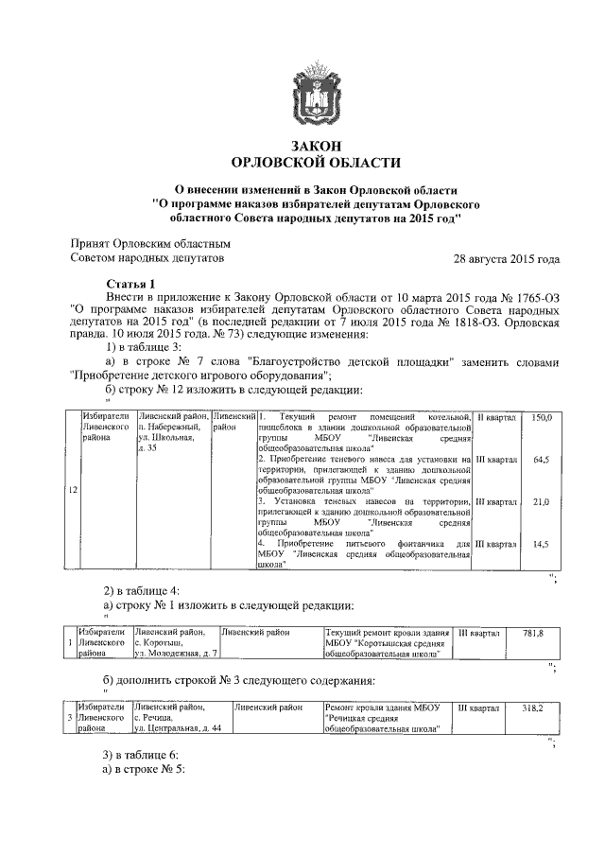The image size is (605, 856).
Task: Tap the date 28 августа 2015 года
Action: point(507,258)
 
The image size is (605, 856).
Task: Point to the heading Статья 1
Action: point(129,284)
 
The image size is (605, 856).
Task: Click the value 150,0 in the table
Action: point(542,417)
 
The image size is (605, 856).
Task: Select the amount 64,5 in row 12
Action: point(542,460)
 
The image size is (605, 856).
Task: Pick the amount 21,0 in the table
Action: point(542,501)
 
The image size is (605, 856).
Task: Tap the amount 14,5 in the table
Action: point(542,544)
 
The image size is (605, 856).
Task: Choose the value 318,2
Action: point(533,708)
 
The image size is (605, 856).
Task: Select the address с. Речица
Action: point(159,718)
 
